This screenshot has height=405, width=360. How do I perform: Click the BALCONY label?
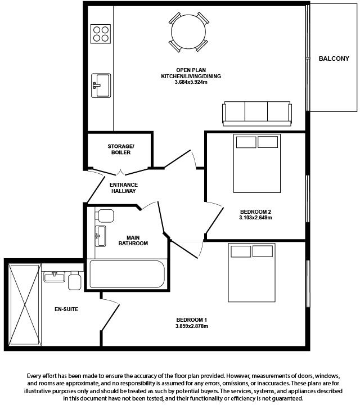[x=334, y=58]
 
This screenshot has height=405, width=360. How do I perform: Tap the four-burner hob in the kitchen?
[x=101, y=34]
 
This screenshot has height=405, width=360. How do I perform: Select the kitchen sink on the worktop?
[x=101, y=85]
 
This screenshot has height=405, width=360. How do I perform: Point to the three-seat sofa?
[x=258, y=113]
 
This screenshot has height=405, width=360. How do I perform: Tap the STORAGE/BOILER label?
[x=121, y=150]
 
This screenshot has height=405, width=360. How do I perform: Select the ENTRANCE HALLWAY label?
[x=124, y=188]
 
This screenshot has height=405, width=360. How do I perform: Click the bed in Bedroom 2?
[x=257, y=163]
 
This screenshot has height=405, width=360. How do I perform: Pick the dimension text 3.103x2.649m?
[x=255, y=217]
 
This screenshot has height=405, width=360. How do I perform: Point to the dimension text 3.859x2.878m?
[x=192, y=326]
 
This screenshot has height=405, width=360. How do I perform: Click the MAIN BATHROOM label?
[x=133, y=240]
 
